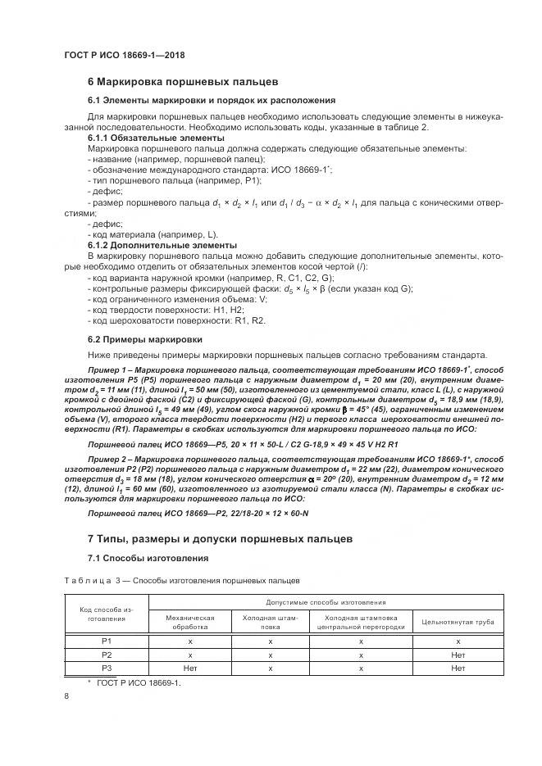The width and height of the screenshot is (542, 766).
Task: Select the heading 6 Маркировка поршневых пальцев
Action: pyautogui.click(x=184, y=82)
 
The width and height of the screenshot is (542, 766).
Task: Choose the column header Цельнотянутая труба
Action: pyautogui.click(x=458, y=622)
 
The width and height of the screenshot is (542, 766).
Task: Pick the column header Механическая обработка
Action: pyautogui.click(x=189, y=622)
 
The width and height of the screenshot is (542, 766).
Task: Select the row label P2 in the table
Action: pyautogui.click(x=106, y=655)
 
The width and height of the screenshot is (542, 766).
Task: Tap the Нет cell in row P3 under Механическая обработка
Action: pyautogui.click(x=189, y=668)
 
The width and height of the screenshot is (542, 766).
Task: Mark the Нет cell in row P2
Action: pyautogui.click(x=458, y=655)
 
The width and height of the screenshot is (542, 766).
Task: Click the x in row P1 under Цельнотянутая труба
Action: pyautogui.click(x=458, y=641)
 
